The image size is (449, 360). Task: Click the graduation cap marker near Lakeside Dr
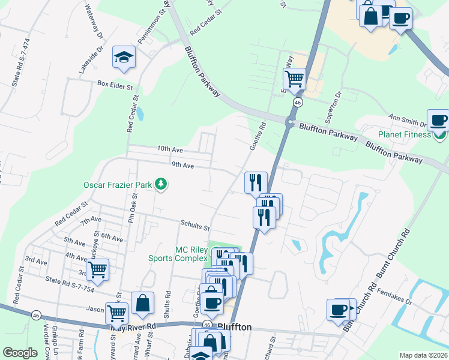tap(124, 58)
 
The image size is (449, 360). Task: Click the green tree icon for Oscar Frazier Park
tap(160, 184)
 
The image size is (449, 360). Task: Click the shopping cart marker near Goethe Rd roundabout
tap(294, 79)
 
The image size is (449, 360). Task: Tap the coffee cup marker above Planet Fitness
tap(439, 120)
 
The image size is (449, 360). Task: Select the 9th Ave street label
tap(182, 165)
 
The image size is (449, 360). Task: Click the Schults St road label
tap(195, 226)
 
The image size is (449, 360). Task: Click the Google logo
tap(20, 353)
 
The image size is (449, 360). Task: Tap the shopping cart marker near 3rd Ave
tap(97, 270)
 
